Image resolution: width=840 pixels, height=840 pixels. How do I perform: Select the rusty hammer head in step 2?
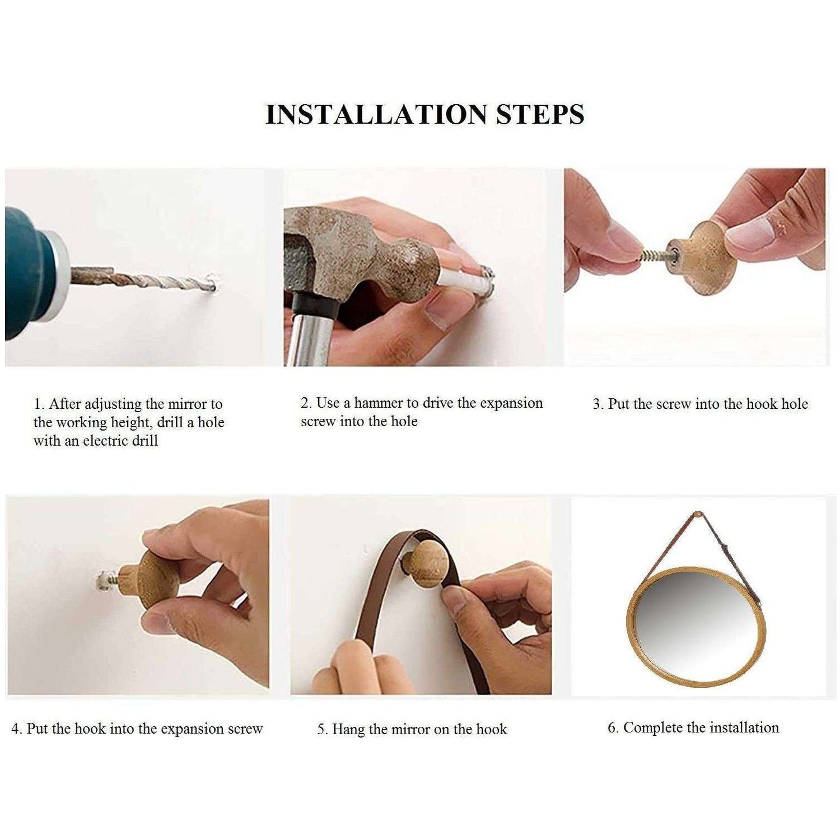coord(358,258)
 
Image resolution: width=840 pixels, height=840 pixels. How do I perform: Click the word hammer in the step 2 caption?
coord(379,403)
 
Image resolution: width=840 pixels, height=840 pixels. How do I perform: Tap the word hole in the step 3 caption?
coord(794,404)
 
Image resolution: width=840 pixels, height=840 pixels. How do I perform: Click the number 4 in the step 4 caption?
coord(16,729)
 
